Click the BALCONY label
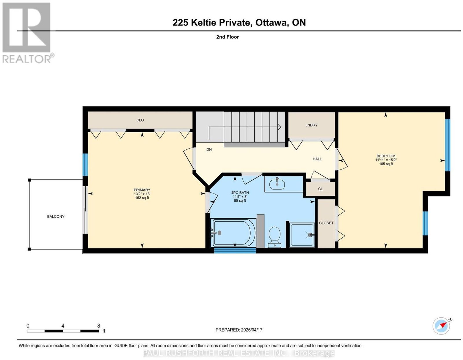pyautogui.click(x=56, y=217)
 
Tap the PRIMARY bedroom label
pyautogui.click(x=142, y=190)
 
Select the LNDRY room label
pyautogui.click(x=311, y=125)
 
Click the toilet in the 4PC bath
pyautogui.click(x=274, y=237)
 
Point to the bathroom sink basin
pyautogui.click(x=277, y=184)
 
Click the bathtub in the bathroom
pyautogui.click(x=233, y=233)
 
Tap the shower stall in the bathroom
pyautogui.click(x=302, y=235)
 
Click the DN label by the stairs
pyautogui.click(x=209, y=150)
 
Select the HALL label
pyautogui.click(x=317, y=159)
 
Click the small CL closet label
pyautogui.click(x=320, y=189)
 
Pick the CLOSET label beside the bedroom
pyautogui.click(x=326, y=223)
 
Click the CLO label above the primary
pyautogui.click(x=140, y=120)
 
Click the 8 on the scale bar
pyautogui.click(x=98, y=326)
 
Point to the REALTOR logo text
pyautogui.click(x=27, y=59)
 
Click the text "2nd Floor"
pyautogui.click(x=227, y=37)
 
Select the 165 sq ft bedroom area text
pyautogui.click(x=386, y=164)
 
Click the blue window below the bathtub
pyautogui.click(x=235, y=251)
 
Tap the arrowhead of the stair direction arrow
pyautogui.click(x=280, y=127)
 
